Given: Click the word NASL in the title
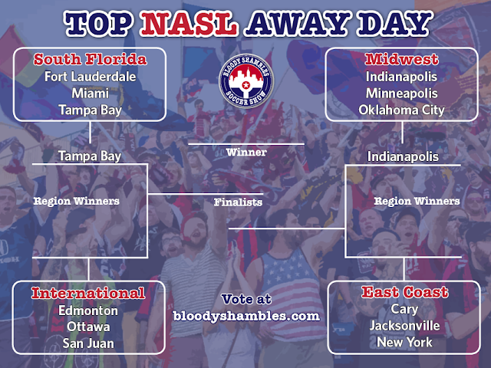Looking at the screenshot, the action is tap(189, 24).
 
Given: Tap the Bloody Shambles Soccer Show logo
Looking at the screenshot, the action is tap(246, 81).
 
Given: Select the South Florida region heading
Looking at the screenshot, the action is tap(91, 59).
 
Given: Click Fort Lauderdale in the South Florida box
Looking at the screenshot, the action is tap(91, 77).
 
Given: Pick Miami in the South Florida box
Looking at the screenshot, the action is tap(91, 94).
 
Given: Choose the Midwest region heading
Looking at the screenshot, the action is tap(402, 59).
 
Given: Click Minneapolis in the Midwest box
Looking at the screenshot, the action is tap(402, 94).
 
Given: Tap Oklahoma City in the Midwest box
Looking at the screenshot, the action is tap(402, 110).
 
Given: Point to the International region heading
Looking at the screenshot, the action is tap(88, 293).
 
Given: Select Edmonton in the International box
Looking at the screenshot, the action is tap(88, 310).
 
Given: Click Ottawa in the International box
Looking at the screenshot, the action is tap(88, 327).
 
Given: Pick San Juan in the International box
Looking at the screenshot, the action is tap(88, 343).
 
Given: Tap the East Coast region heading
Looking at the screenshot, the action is tap(405, 292).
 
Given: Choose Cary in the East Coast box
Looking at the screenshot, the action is tap(404, 310).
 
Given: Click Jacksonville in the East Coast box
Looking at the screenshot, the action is tap(404, 326).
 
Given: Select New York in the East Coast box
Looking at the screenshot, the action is tap(404, 342).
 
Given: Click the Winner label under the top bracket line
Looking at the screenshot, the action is tap(246, 153).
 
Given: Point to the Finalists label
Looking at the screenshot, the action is tap(238, 202).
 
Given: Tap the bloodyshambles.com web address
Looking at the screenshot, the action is tap(246, 316).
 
